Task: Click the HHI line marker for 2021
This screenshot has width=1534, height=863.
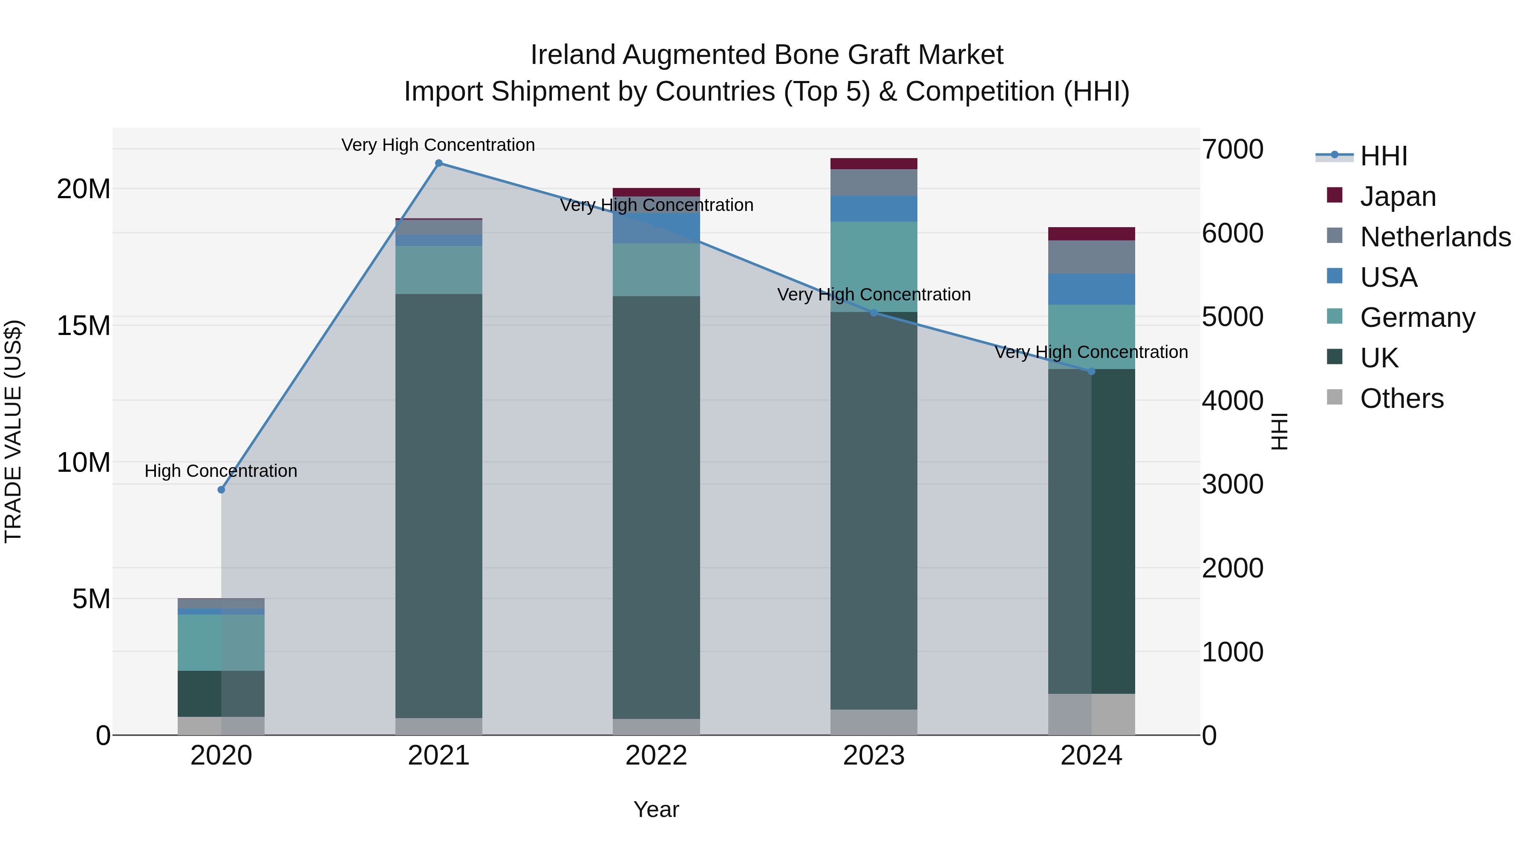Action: pos(438,163)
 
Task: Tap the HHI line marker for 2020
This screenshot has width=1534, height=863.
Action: pos(221,490)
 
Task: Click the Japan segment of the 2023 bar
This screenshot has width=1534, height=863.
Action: pos(874,164)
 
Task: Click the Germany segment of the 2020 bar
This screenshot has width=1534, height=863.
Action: pos(221,642)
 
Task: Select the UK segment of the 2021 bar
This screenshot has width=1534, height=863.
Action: pos(438,506)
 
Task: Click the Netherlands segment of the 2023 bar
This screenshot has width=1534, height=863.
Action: pos(874,182)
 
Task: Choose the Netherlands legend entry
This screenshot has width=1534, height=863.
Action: pos(1435,237)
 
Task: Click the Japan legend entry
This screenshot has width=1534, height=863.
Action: pos(1398,196)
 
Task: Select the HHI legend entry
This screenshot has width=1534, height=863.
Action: pos(1383,156)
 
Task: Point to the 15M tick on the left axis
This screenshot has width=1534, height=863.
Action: pos(84,326)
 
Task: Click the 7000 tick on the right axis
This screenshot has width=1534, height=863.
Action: pos(1232,150)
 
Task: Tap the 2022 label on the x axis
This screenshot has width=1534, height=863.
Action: pos(656,756)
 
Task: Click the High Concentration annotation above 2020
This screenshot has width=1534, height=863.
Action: pos(221,471)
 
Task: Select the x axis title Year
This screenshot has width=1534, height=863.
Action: pos(656,809)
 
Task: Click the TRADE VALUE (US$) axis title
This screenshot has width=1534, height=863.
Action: pos(13,431)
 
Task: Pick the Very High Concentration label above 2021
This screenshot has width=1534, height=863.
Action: pos(438,145)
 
